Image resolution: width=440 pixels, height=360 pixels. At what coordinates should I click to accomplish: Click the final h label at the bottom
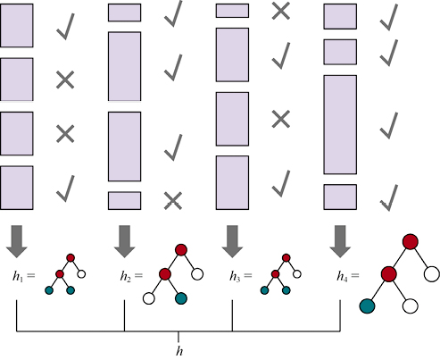179,351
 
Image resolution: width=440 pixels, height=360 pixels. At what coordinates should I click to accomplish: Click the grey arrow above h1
17,241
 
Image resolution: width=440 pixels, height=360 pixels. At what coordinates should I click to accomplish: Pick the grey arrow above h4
340,241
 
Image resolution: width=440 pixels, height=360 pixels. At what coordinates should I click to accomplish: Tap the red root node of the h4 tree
411,241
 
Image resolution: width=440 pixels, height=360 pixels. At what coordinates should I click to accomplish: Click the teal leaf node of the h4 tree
367,306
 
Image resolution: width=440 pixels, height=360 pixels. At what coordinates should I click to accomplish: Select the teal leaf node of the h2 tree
181,298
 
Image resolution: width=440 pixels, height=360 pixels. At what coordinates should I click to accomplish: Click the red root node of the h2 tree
181,250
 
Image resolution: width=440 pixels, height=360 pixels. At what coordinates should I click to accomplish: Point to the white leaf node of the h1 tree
81,274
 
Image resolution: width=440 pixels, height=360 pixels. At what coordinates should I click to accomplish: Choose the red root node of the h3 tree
286,258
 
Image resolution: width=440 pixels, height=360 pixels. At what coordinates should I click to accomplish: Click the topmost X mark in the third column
281,12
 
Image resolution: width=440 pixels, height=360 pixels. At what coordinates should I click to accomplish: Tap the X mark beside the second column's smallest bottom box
173,201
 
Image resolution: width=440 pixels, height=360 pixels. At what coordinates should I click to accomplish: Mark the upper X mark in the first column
65,80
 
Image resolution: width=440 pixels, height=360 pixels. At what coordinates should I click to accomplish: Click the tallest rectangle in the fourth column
340,124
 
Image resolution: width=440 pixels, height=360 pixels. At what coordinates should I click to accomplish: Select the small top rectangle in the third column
232,11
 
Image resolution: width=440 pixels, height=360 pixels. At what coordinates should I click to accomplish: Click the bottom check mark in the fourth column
389,198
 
